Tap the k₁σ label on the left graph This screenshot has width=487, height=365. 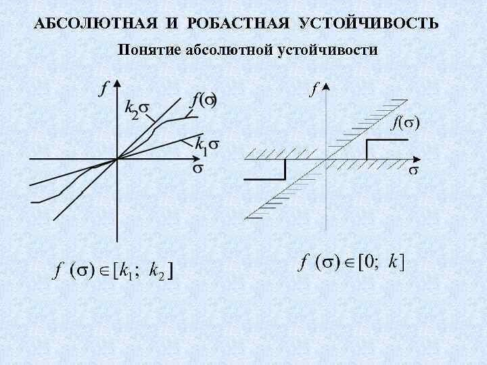(206, 144)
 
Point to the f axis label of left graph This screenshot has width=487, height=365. (104, 88)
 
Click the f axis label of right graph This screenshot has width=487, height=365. (314, 88)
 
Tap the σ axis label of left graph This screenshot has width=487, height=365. (198, 168)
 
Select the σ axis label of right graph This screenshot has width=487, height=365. (413, 169)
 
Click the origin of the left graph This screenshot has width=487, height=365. (118, 159)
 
